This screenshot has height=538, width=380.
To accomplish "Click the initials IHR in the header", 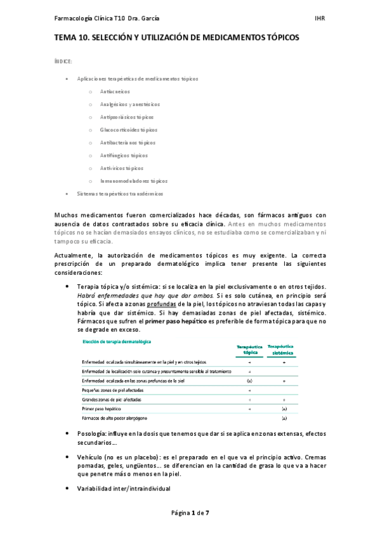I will coord(321,18).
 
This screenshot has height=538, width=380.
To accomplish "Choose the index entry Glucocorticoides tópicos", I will coord(128,130).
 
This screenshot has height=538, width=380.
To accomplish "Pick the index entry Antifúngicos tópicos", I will coord(124,155).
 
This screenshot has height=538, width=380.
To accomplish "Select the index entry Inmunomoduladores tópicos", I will coord(133,181).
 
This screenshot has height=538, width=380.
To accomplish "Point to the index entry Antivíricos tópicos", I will coord(122,168).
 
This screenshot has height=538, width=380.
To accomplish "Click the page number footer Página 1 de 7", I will coord(190,513).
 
